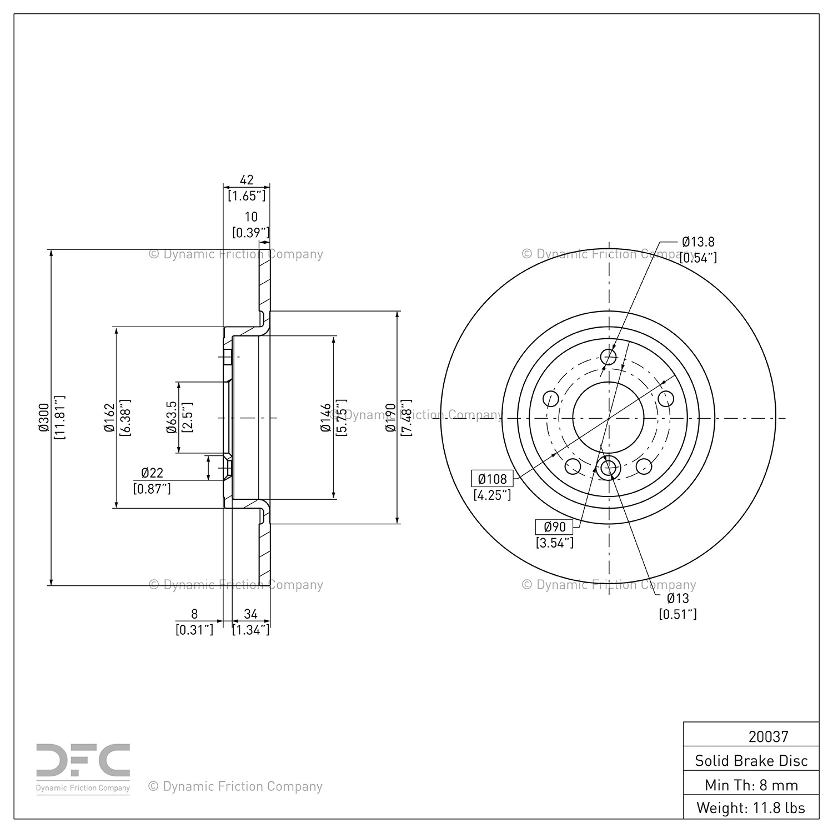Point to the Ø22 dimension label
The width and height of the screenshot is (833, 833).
click(152, 473)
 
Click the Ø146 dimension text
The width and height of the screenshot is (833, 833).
click(325, 418)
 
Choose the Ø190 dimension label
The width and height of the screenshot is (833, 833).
click(390, 418)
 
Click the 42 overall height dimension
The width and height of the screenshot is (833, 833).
click(247, 180)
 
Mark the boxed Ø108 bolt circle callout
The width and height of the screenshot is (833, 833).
click(492, 479)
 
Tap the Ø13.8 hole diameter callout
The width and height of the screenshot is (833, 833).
click(698, 242)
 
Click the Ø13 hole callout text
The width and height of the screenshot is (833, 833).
click(678, 598)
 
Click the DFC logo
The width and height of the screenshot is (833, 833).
click(83, 768)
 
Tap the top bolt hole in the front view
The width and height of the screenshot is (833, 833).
click(609, 357)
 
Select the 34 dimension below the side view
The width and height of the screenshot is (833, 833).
click(251, 614)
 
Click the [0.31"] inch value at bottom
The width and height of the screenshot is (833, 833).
click(194, 630)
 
